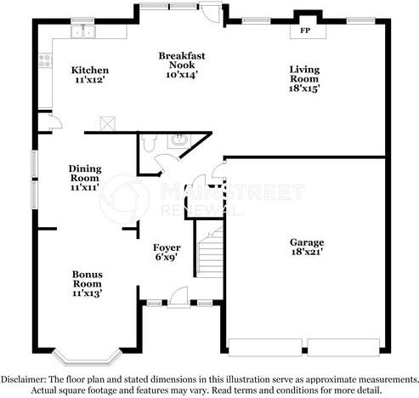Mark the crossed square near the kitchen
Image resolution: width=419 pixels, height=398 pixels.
[x=108, y=122]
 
